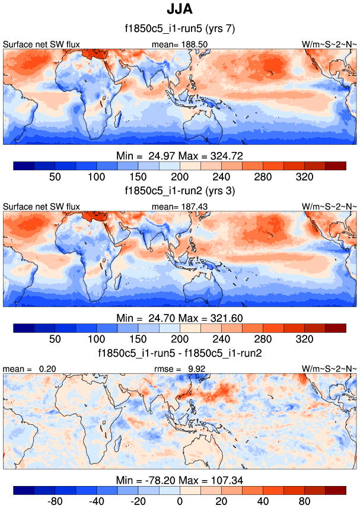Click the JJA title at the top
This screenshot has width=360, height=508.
180,10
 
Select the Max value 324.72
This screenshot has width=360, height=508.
227,155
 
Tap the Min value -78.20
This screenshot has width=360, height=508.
155,480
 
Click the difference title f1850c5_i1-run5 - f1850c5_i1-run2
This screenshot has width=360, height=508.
180,353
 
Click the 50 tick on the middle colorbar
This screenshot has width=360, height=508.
55,339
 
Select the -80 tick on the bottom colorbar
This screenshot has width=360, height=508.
55,501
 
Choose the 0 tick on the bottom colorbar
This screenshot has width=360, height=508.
180,501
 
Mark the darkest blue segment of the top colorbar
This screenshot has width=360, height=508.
24,166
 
